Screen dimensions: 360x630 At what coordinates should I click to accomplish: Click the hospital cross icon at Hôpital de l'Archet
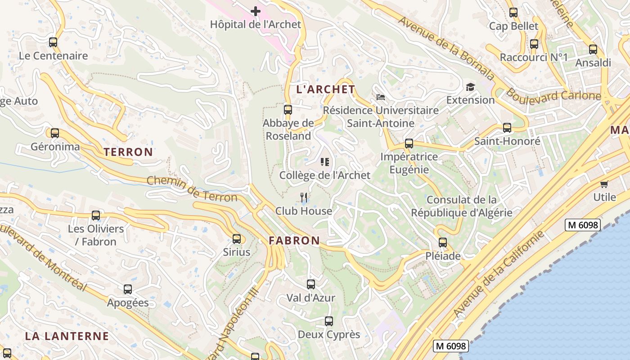(x=255, y=11)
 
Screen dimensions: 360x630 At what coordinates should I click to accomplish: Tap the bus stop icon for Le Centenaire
(x=53, y=42)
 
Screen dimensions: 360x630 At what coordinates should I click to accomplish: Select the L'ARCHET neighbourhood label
(x=326, y=89)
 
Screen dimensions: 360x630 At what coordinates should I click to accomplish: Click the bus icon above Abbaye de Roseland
(x=288, y=110)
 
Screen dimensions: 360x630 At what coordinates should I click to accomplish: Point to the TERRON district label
(x=128, y=152)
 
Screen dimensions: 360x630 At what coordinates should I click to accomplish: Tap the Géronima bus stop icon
(x=55, y=133)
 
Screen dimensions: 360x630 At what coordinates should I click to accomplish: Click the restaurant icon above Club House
(x=304, y=197)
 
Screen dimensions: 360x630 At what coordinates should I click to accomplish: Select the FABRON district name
(x=294, y=241)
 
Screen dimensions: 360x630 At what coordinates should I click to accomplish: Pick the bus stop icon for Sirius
(x=237, y=239)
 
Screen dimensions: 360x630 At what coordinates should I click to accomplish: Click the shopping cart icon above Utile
(x=604, y=184)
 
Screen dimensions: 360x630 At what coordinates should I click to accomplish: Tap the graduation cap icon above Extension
(x=470, y=87)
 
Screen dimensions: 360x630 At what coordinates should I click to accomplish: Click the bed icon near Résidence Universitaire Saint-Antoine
(x=381, y=97)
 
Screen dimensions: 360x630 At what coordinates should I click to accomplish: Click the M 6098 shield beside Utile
(x=583, y=225)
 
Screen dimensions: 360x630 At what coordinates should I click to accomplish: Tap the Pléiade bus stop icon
(x=443, y=243)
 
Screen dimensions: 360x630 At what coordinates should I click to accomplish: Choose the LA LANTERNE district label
(x=67, y=336)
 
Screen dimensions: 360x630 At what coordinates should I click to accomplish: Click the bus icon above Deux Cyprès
(x=329, y=321)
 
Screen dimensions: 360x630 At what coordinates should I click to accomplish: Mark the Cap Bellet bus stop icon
(x=513, y=13)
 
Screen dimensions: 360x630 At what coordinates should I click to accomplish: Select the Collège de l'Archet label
(x=324, y=175)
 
